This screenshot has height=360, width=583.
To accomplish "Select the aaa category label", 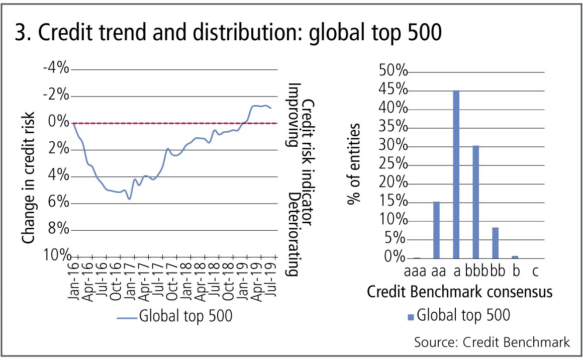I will (416, 272).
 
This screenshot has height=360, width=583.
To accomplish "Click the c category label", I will (535, 272).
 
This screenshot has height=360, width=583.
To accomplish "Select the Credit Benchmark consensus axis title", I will (460, 292).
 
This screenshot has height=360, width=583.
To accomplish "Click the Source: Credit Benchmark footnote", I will (492, 342).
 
